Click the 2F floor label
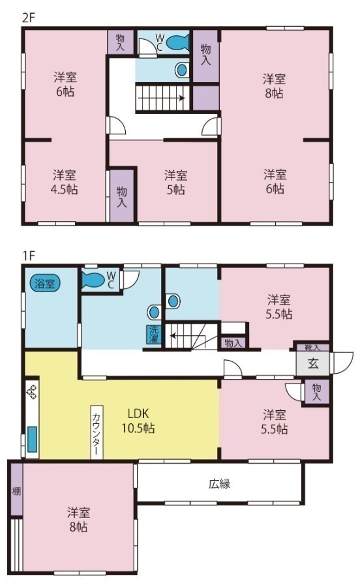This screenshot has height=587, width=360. (x=28, y=18)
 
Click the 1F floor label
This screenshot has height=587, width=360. (x=28, y=256)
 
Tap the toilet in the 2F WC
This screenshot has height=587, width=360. (x=177, y=42)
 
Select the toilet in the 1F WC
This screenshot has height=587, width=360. (x=93, y=280)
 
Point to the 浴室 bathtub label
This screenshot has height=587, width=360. (x=44, y=284)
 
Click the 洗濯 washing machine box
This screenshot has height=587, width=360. (x=154, y=335)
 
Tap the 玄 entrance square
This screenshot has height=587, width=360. (x=313, y=363)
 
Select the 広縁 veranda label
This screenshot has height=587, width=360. (x=219, y=484)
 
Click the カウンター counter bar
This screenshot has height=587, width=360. (x=97, y=432)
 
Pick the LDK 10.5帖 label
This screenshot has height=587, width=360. (x=138, y=421)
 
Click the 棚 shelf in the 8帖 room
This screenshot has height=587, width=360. (x=16, y=490)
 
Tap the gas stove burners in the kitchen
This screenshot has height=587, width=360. (x=32, y=391)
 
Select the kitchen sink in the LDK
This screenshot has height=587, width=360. (x=32, y=439)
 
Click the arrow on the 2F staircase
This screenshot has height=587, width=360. (x=161, y=98)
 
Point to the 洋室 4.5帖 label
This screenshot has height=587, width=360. (x=65, y=182)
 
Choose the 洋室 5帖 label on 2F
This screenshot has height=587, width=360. (x=175, y=182)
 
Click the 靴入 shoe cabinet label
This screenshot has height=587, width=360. (x=313, y=348)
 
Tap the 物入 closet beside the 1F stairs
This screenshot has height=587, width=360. (x=233, y=343)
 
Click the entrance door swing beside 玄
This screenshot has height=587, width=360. (x=343, y=363)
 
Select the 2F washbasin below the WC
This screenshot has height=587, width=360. (x=182, y=70)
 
